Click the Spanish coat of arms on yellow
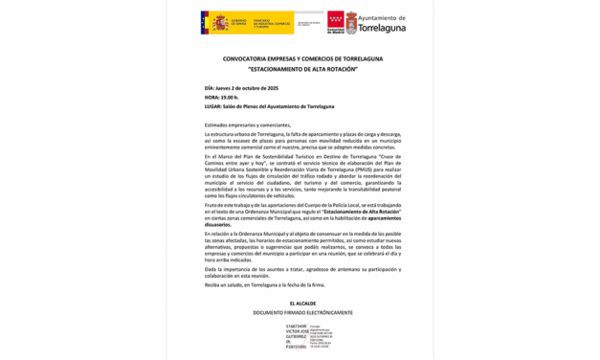221,23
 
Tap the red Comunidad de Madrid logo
336,21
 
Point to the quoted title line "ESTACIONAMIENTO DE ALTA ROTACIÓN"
301,69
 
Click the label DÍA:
210,88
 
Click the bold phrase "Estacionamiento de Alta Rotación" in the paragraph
362,211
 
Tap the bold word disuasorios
218,224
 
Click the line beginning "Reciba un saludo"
264,284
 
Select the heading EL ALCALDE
302,304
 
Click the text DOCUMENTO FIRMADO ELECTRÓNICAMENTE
302,312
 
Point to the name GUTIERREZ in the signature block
296,336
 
